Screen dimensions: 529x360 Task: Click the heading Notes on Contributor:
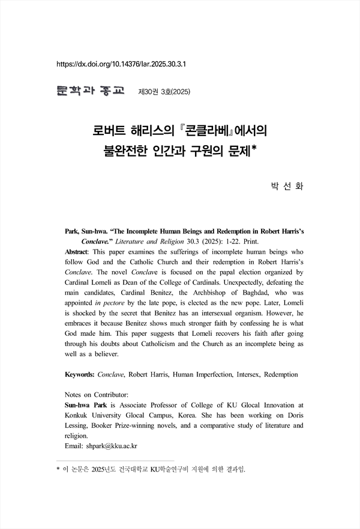point(96,395)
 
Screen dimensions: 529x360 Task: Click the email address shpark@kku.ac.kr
point(111,446)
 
